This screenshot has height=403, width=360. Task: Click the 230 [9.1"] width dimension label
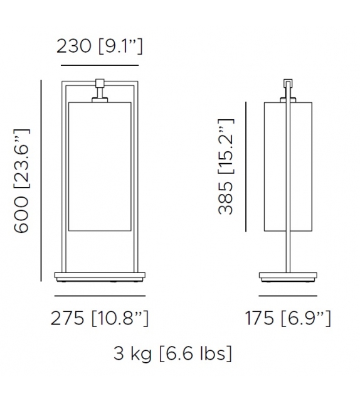99,46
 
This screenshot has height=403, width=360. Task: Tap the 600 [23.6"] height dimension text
22,180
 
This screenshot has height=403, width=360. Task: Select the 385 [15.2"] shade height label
226,166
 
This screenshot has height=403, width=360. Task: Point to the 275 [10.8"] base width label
100,318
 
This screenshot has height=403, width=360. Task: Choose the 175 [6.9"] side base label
288,318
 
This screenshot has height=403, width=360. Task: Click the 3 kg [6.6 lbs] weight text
172,353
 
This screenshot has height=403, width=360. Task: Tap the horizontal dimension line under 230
99,65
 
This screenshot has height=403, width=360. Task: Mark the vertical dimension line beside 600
41,180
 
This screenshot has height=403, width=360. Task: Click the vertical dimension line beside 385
246,166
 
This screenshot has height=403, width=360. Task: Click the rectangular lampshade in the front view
100,166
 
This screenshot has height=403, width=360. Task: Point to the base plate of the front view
100,276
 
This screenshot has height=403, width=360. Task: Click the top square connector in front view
100,84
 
